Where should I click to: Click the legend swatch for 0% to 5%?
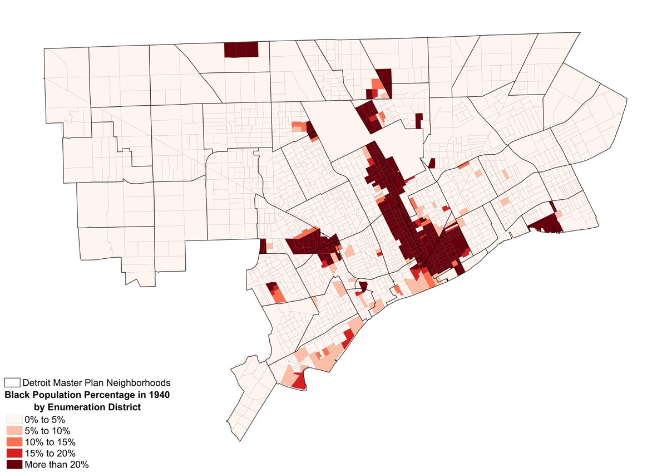pos(14,419)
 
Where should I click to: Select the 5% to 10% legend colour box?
pos(14,430)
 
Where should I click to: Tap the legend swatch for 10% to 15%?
pos(14,442)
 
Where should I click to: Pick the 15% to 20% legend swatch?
pos(14,453)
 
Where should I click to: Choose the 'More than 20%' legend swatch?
pos(14,464)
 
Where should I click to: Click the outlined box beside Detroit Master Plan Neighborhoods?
pos(12,383)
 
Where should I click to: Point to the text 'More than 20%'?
pos(56,464)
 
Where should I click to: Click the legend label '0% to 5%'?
pos(45,419)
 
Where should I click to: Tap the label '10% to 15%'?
pos(50,442)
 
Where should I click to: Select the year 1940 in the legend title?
pos(158,395)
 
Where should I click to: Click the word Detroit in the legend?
pos(38,383)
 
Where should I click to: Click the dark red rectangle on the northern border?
pos(241,50)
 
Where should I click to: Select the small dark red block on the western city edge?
pos(263,246)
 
